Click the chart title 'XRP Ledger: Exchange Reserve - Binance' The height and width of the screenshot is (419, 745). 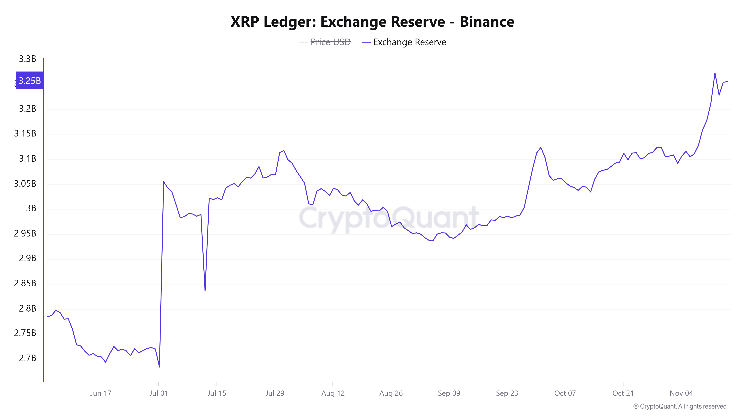(372, 22)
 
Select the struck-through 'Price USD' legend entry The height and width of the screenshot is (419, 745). (330, 42)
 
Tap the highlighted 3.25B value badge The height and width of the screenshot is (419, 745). (29, 80)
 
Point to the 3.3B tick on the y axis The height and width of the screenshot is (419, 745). (28, 59)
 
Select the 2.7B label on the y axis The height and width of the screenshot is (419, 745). (28, 358)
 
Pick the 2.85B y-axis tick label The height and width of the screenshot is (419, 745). (25, 283)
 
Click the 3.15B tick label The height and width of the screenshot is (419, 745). (25, 133)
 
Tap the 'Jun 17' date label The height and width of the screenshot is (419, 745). (101, 393)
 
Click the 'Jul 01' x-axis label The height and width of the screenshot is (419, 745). (158, 393)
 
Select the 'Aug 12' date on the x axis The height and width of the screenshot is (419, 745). (333, 393)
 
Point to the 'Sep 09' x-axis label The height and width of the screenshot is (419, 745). (449, 393)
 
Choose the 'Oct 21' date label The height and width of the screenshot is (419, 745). (623, 393)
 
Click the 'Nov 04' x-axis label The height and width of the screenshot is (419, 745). (681, 393)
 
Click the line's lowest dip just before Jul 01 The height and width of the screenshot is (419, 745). (159, 367)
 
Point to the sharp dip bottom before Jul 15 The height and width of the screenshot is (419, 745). (205, 291)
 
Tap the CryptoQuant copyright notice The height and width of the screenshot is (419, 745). (680, 406)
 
